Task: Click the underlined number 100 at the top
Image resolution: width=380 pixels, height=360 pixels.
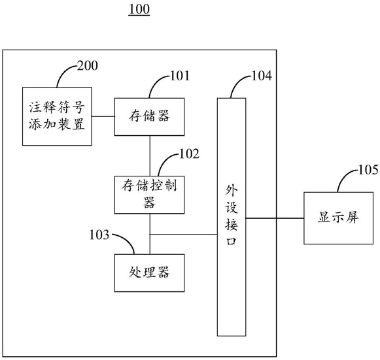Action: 139,10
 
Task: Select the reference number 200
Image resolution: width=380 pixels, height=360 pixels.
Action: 88,65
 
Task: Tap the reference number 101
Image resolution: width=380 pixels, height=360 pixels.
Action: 180,76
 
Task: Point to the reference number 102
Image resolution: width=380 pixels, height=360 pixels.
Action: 189,154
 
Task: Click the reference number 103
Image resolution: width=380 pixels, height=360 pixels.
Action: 99,235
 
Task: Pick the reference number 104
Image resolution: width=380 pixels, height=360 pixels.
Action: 262,76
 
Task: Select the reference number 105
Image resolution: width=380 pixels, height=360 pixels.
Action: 368,170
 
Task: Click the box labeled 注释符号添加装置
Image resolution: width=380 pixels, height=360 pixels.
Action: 57,116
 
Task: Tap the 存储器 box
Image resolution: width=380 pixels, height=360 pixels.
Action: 149,117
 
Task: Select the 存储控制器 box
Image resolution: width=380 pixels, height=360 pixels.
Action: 149,195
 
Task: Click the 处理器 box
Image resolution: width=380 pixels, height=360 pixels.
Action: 149,273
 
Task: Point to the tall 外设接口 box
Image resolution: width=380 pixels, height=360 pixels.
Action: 232,217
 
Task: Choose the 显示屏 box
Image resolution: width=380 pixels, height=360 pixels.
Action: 339,218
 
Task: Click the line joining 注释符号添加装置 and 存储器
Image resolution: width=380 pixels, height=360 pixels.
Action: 103,116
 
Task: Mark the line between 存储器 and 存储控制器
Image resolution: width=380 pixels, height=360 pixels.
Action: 150,156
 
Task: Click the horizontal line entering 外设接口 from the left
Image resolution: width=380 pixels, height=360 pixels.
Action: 183,235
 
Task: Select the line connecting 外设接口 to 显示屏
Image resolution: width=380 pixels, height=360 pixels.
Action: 275,218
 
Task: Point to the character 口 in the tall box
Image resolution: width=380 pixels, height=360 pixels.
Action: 231,241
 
